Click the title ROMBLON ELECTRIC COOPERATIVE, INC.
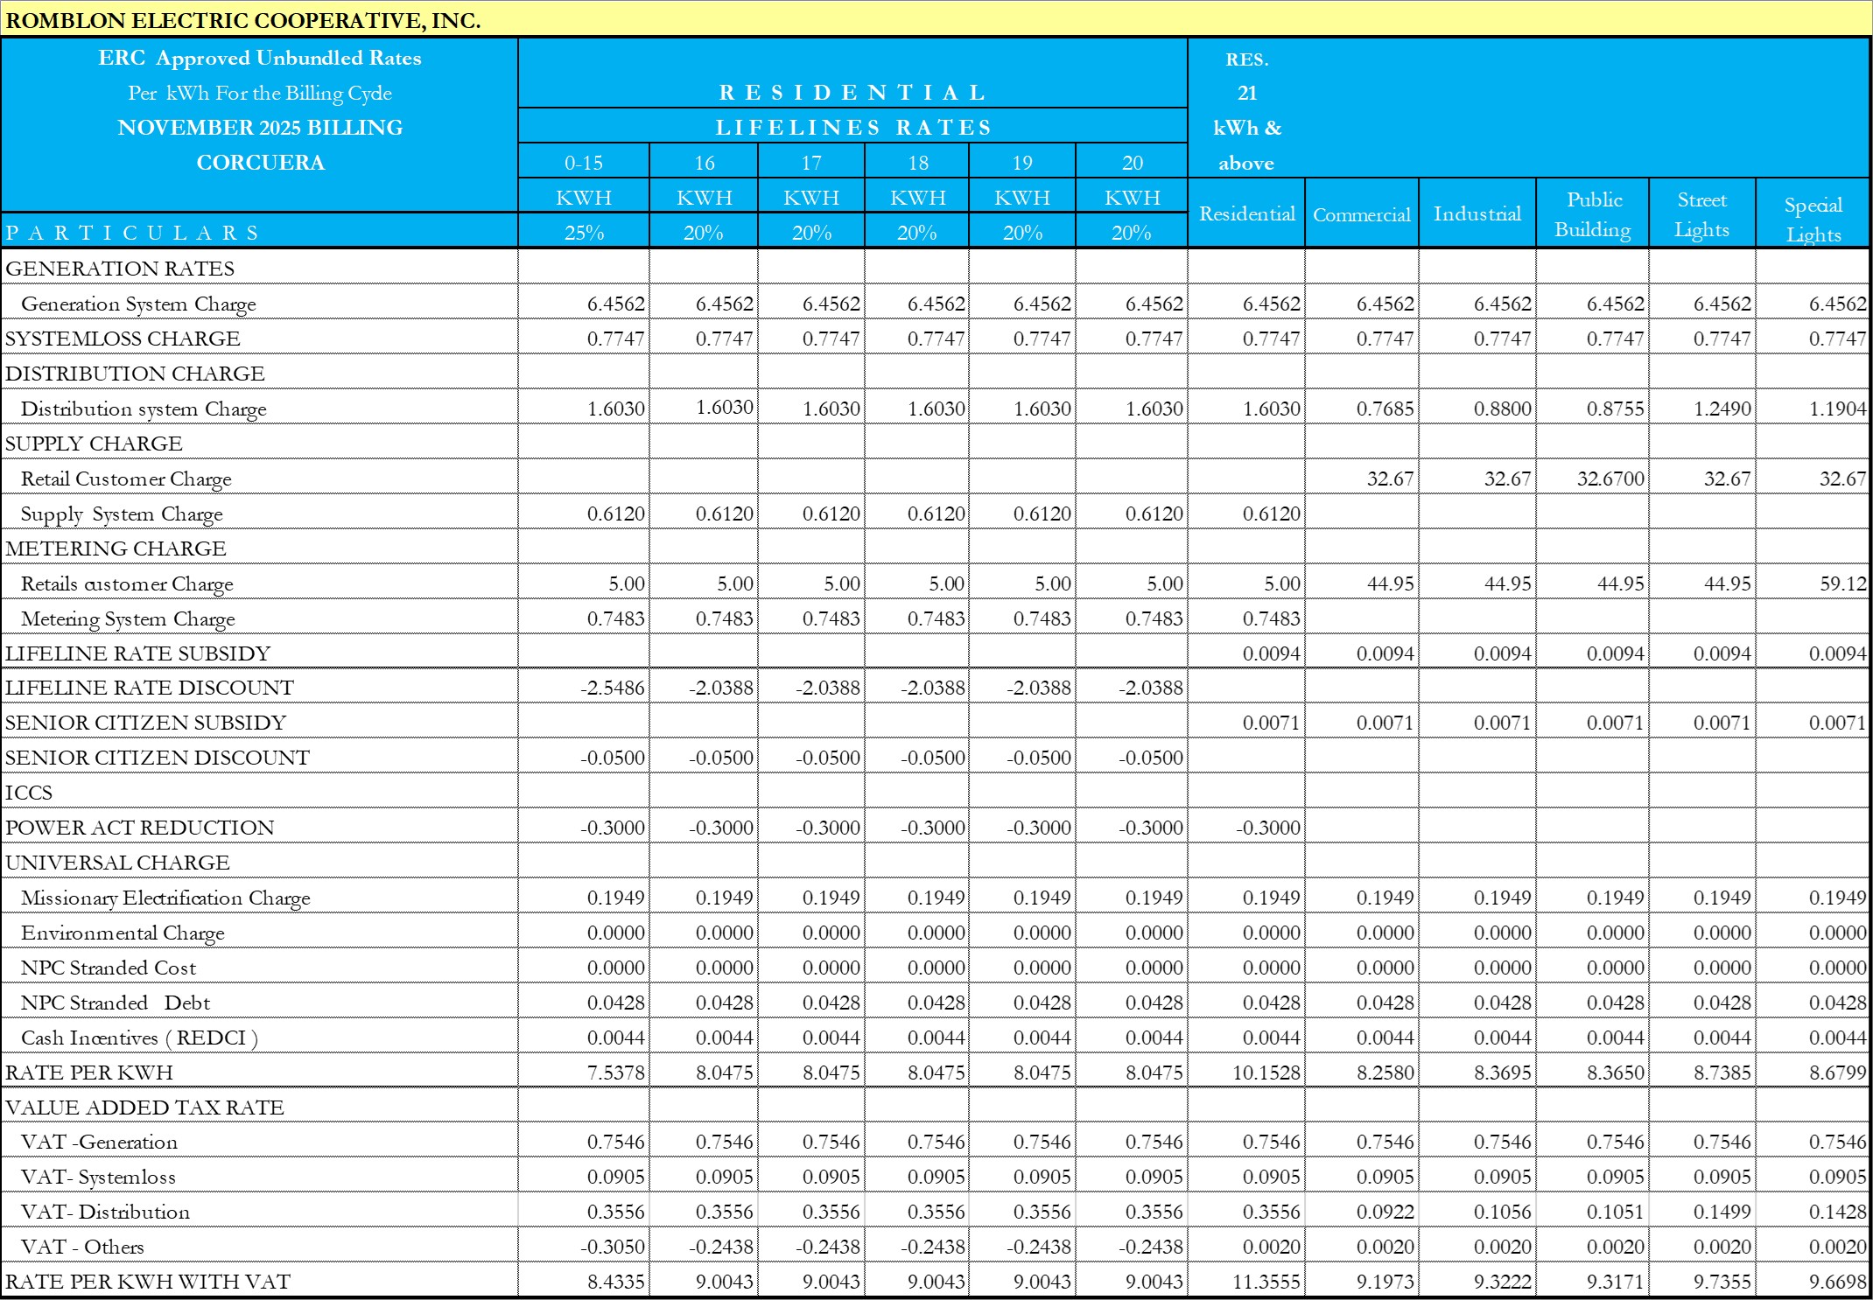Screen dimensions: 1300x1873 click(243, 20)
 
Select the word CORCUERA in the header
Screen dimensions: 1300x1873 click(260, 163)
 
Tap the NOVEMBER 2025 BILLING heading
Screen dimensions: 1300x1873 click(260, 128)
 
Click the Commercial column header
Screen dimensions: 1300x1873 click(1361, 214)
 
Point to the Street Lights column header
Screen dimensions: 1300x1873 click(1701, 214)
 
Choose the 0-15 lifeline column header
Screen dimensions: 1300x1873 click(583, 163)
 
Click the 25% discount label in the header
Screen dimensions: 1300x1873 click(583, 233)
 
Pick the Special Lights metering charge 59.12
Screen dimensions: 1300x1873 click(1842, 584)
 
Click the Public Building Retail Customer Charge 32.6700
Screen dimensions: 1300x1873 click(1610, 479)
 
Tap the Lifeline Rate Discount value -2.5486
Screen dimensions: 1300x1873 click(613, 688)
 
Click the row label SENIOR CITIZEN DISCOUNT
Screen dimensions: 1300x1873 click(158, 758)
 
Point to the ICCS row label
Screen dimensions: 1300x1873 click(29, 793)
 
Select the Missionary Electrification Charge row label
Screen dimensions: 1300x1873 click(165, 898)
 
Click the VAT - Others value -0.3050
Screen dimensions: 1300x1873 click(613, 1247)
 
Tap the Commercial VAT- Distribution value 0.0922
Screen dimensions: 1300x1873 click(1385, 1212)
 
